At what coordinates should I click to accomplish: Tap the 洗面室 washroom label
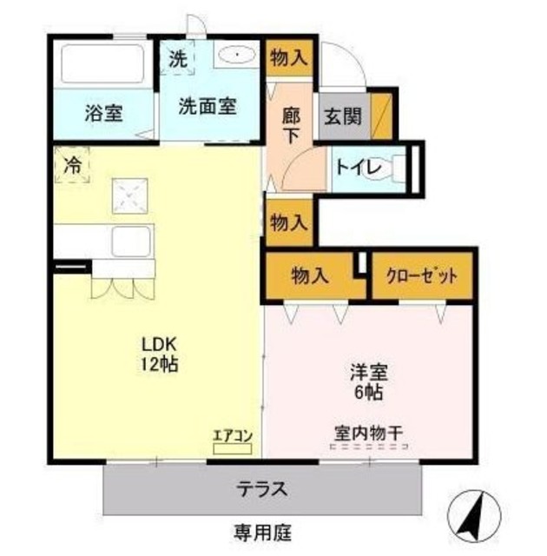[207, 106]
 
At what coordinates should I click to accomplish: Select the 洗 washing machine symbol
[178, 60]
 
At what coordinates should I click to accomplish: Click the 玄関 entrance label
[342, 115]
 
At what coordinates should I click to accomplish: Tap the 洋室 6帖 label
[368, 381]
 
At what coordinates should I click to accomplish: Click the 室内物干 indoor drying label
[368, 432]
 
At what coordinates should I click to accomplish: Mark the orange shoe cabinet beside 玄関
[381, 115]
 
